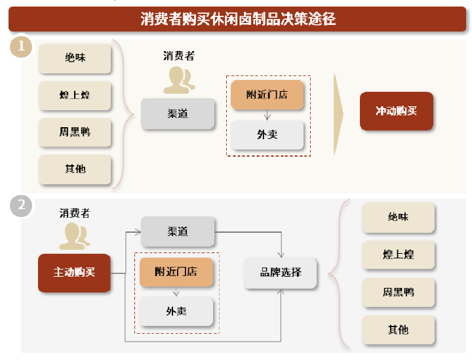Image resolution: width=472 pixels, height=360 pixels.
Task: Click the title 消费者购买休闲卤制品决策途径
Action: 238,19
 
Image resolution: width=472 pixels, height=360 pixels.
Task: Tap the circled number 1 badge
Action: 21,47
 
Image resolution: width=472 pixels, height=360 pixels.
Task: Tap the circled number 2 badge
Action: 21,206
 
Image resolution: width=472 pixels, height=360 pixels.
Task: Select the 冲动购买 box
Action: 397,111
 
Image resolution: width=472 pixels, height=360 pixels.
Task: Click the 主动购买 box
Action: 74,273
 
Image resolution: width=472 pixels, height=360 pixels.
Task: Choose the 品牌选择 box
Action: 281,273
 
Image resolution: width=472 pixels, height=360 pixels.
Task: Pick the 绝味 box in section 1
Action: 75,58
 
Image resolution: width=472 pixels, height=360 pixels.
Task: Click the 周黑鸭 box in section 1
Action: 75,132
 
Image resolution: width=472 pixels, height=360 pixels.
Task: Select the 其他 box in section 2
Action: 399,330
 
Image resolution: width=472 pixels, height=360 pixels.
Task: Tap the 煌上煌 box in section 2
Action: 399,254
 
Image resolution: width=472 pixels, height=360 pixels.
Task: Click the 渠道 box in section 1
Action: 178,114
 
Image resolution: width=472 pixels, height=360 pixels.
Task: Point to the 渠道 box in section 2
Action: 178,231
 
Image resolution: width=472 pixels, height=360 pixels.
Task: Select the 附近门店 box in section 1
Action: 267,94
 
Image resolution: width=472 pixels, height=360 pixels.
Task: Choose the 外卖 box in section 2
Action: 176,311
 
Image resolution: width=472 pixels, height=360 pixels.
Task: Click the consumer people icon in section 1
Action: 179,80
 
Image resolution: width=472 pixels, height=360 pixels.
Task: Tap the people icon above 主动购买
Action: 75,236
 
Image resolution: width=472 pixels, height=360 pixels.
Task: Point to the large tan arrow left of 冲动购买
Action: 338,114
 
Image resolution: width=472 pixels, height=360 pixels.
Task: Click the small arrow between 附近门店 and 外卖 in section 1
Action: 267,115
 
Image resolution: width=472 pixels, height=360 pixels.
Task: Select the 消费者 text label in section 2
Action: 75,213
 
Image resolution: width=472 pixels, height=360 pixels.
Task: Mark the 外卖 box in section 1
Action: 267,135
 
